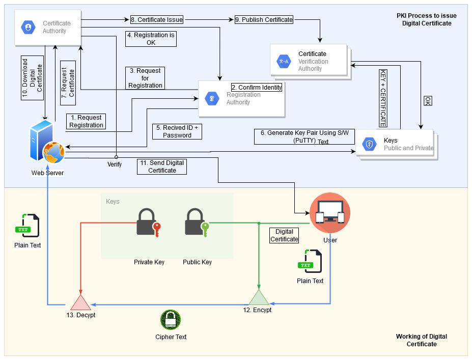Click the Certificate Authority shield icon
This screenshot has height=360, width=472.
[x=27, y=27]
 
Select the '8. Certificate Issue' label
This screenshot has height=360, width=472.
[x=156, y=20]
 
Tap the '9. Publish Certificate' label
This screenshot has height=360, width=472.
[x=264, y=20]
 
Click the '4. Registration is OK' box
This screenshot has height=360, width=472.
[x=151, y=39]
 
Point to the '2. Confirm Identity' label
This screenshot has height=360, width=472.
[x=257, y=87]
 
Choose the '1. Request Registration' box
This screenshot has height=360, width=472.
[x=86, y=121]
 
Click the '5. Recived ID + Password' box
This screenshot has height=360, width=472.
[x=177, y=131]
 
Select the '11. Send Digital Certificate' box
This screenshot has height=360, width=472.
[x=162, y=167]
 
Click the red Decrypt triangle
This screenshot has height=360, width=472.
[x=80, y=302]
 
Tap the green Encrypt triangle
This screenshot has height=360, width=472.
[x=258, y=297]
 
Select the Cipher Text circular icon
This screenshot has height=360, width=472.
[x=171, y=320]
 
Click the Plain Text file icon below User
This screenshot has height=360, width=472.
[x=310, y=262]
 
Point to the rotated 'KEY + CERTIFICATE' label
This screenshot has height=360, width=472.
[x=383, y=98]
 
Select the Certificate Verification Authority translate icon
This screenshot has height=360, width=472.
[x=283, y=62]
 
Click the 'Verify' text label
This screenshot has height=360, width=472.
[x=115, y=164]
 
